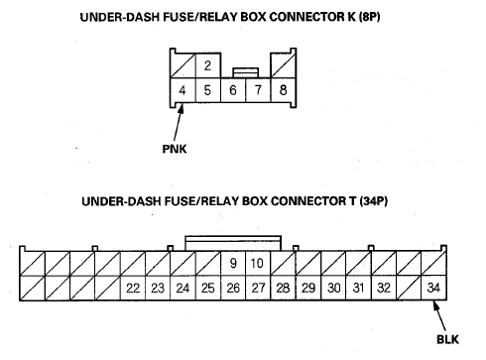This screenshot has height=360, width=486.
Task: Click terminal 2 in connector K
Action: point(208,65)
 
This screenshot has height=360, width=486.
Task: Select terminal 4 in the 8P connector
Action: point(182,90)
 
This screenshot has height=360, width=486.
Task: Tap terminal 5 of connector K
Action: point(208,90)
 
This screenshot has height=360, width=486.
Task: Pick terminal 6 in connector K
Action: point(233,90)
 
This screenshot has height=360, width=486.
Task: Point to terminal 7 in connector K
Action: point(258,90)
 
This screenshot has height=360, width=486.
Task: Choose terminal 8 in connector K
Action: point(284,90)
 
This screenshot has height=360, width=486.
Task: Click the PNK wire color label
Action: point(175,149)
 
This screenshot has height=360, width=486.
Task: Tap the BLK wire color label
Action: point(447,339)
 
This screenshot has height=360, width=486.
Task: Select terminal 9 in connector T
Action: point(233,263)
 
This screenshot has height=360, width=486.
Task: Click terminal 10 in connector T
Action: point(258,263)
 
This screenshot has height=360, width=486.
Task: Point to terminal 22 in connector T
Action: point(133,288)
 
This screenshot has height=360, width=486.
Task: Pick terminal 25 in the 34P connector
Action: point(208,288)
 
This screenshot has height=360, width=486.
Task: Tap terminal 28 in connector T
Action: point(283,288)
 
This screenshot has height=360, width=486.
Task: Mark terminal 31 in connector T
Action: point(358,288)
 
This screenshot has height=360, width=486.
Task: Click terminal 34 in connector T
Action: point(433,288)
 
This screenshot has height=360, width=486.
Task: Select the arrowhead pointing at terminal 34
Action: point(436,306)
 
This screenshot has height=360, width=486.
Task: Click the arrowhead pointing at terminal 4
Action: point(181,109)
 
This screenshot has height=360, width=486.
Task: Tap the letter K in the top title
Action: point(351,17)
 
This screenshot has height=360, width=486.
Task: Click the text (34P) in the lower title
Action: point(374,201)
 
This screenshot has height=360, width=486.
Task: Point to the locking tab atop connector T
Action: point(233,244)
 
